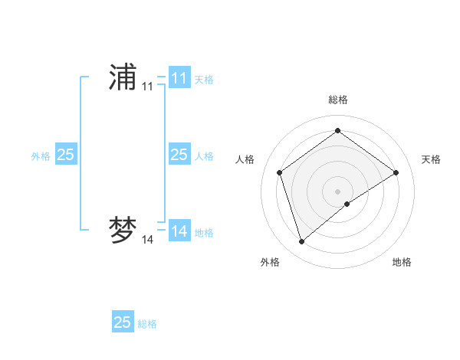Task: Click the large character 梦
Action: coord(123,231)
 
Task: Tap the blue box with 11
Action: coord(179,78)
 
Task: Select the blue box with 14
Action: coord(179,231)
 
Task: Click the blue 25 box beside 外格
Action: coord(66,155)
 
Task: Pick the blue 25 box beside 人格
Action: coord(179,155)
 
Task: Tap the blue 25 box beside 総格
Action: coord(123,322)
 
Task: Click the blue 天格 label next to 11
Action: coord(204,79)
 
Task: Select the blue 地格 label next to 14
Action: coord(204,232)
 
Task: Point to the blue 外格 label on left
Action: coord(41,155)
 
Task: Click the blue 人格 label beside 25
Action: coord(204,155)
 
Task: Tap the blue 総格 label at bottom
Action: coord(147,323)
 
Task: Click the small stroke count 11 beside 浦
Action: coord(147,87)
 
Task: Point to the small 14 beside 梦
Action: coord(147,241)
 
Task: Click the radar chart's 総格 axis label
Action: coord(338,100)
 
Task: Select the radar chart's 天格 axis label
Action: coord(431,159)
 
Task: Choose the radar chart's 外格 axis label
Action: coord(270,262)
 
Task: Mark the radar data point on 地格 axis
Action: coord(347,204)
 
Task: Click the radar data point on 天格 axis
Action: coord(396,172)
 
